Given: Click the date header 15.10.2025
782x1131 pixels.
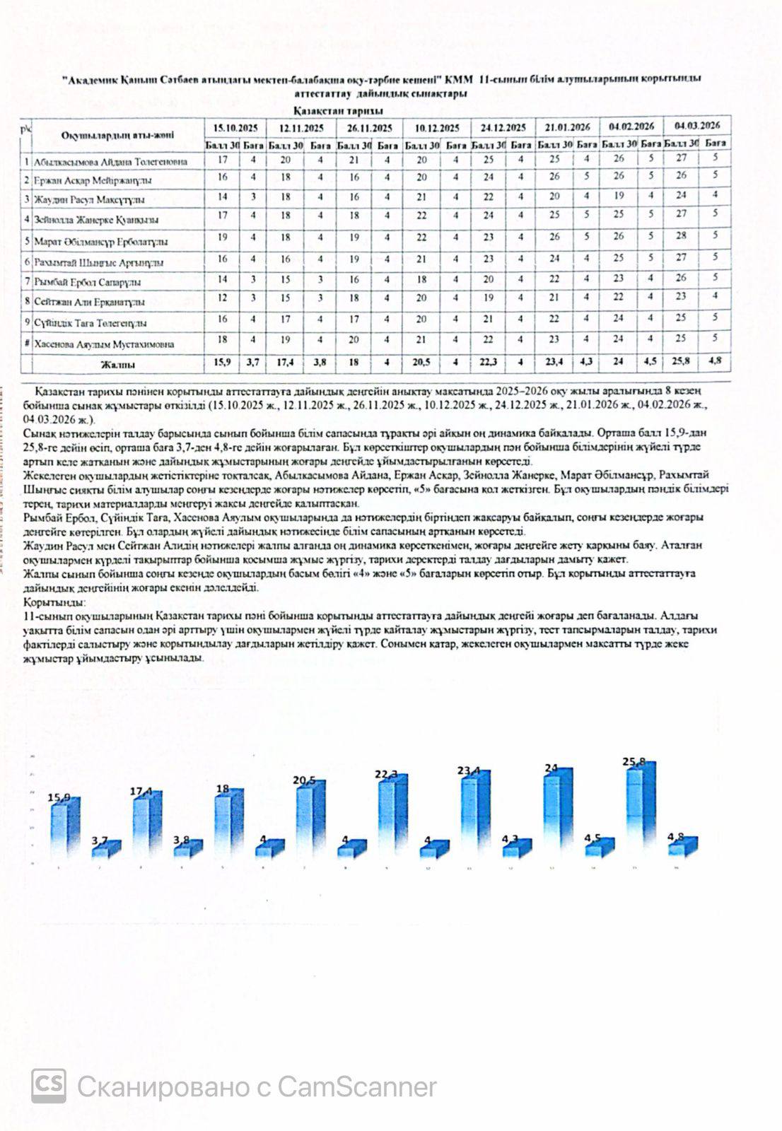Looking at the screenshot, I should coord(236,128).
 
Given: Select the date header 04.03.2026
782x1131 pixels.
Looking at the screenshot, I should coord(696,126).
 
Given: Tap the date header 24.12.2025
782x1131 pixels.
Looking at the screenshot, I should coord(503,128).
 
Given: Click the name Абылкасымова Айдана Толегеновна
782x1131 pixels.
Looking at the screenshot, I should coord(111,162).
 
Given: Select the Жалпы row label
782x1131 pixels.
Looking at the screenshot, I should coord(117,365).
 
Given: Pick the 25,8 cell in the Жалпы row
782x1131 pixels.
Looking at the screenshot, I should coord(679,361).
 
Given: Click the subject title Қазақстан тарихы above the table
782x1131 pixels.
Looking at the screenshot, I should coord(338,112).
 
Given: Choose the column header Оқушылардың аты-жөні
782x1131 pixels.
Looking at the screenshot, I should coord(117,135).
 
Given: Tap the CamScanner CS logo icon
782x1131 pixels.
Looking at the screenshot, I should coord(49,1086).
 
